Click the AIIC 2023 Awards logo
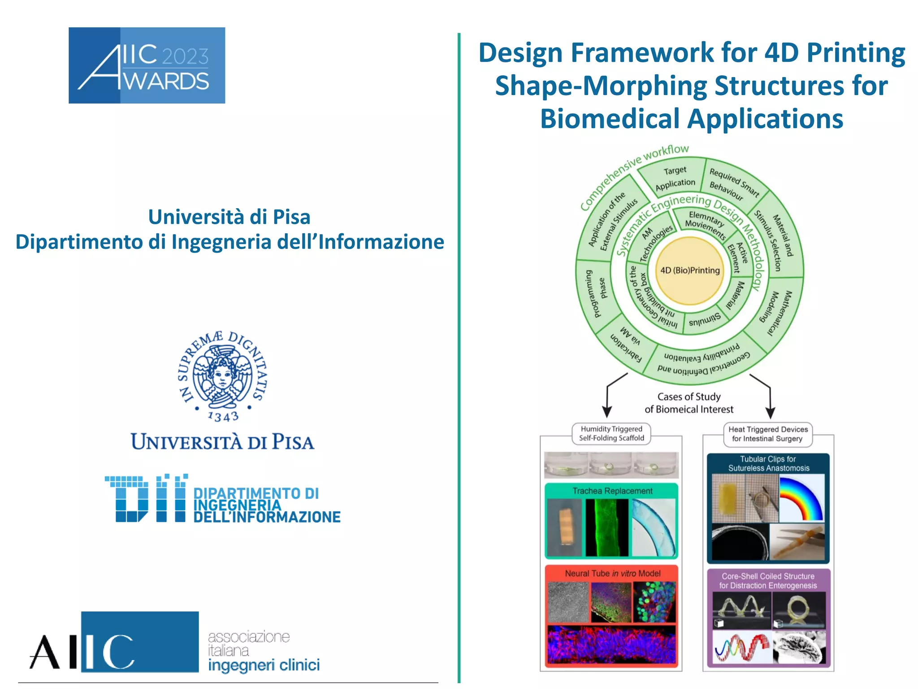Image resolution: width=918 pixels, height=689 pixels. click(147, 65)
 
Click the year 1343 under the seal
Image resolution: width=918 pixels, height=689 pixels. click(223, 417)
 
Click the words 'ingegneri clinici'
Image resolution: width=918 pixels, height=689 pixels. click(264, 665)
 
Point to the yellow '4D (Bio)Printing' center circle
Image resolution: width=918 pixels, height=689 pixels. click(690, 270)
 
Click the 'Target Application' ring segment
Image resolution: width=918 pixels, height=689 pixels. click(674, 177)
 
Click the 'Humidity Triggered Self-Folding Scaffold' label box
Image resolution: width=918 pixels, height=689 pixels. click(611, 434)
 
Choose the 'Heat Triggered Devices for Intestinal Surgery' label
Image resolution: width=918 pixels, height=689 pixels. click(768, 434)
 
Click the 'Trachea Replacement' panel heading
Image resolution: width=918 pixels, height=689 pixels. click(612, 491)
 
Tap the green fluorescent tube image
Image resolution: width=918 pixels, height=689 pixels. click(606, 528)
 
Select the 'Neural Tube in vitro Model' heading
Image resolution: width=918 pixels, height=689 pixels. click(612, 573)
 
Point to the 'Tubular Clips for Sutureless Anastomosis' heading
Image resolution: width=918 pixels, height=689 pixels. click(768, 463)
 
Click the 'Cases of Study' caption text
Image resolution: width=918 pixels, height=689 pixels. click(689, 397)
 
